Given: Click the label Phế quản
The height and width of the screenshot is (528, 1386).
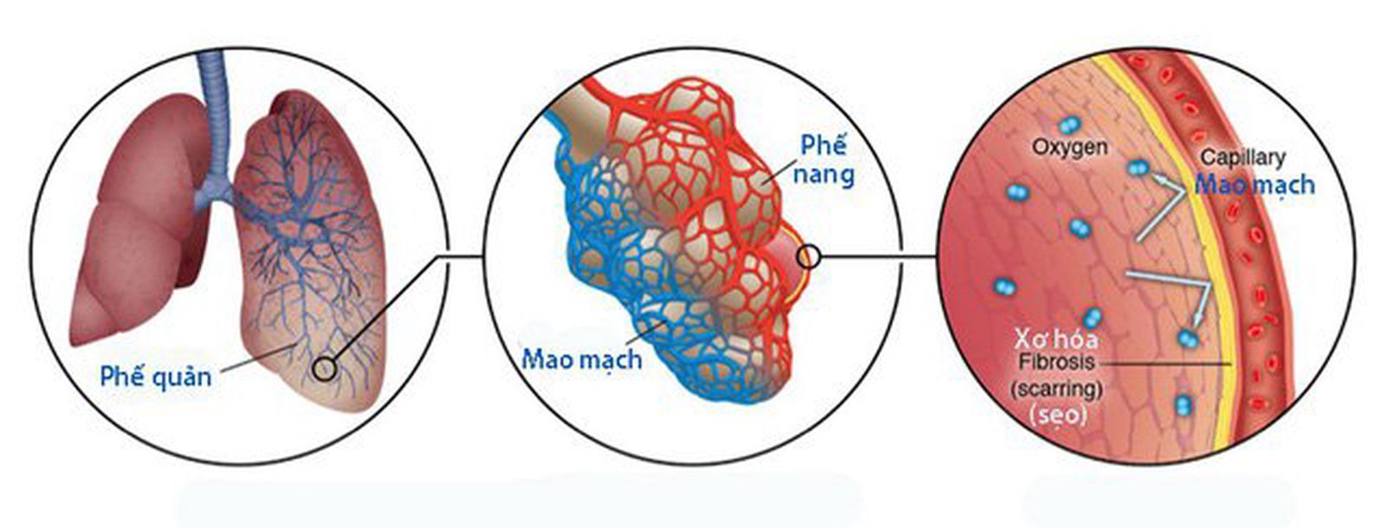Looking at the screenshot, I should coord(155,377).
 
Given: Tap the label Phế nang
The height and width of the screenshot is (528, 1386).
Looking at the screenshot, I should coord(822,159).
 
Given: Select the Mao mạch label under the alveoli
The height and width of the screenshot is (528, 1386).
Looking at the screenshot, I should coord(581,357).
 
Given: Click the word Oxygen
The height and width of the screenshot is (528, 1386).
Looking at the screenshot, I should coord(1069,147).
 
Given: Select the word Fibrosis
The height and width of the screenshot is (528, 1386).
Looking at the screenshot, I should coord(1057,362).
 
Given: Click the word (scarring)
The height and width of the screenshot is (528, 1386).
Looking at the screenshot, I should coord(1057,389).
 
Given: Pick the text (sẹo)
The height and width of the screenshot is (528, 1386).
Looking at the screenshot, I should coord(1057,415).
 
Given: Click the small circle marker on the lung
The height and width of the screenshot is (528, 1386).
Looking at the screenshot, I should coord(324,369).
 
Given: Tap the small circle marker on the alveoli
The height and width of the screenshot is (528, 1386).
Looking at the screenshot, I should coord(808,256).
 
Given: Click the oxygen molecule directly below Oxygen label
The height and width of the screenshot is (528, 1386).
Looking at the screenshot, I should coord(1078,228).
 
